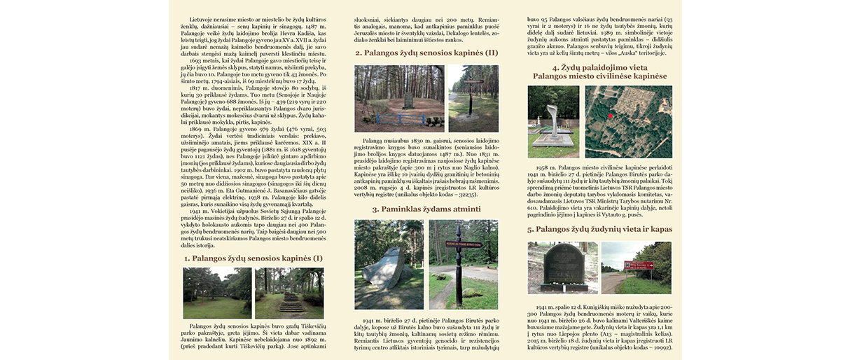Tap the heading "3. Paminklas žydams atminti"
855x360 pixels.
coord(426,209)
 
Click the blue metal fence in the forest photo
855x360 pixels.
coord(398,118)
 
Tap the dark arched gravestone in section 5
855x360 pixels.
coord(564,265)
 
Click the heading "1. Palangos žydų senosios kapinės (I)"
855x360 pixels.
coord(253,258)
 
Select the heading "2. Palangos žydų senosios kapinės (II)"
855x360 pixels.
coord(426,53)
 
